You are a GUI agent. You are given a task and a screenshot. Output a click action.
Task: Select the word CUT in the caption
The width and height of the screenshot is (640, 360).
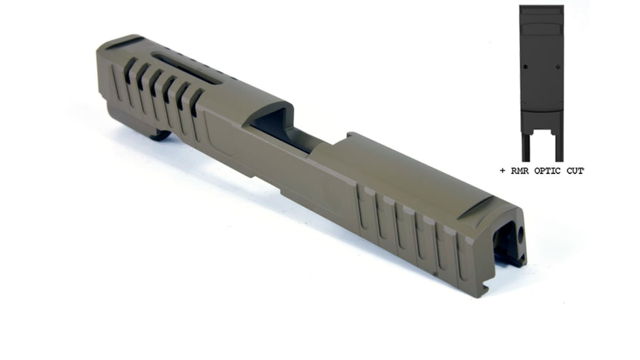575,171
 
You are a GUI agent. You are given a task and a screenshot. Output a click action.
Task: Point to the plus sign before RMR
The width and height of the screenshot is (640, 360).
503,171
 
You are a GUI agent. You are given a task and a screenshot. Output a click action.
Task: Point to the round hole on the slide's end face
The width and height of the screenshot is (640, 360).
520,234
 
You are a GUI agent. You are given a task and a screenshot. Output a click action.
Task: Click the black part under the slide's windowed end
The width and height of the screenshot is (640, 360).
160,135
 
